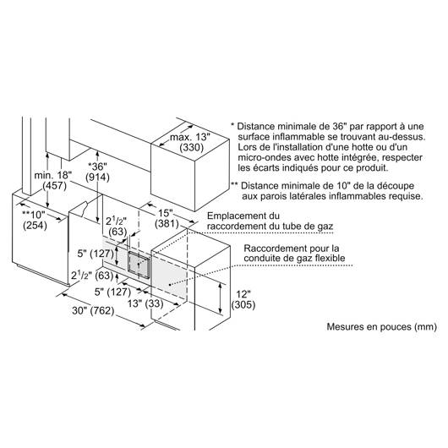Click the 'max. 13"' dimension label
pyautogui.click(x=190, y=137)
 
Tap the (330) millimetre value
pyautogui.click(x=191, y=148)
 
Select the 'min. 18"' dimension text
pyautogui.click(x=53, y=175)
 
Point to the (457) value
pyautogui.click(x=54, y=186)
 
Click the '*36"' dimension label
pyautogui.click(x=97, y=167)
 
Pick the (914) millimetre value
pyautogui.click(x=97, y=178)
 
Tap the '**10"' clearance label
pyautogui.click(x=34, y=215)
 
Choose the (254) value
pyautogui.click(x=35, y=225)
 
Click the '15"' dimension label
pyautogui.click(x=166, y=213)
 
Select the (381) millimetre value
pyautogui.click(x=167, y=224)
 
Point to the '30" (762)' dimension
pyautogui.click(x=93, y=310)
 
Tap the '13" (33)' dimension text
pyautogui.click(x=145, y=303)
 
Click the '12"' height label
pyautogui.click(x=243, y=294)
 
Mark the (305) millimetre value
pyautogui.click(x=243, y=305)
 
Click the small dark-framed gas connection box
pyautogui.click(x=139, y=262)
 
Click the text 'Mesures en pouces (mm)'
pyautogui.click(x=382, y=326)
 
